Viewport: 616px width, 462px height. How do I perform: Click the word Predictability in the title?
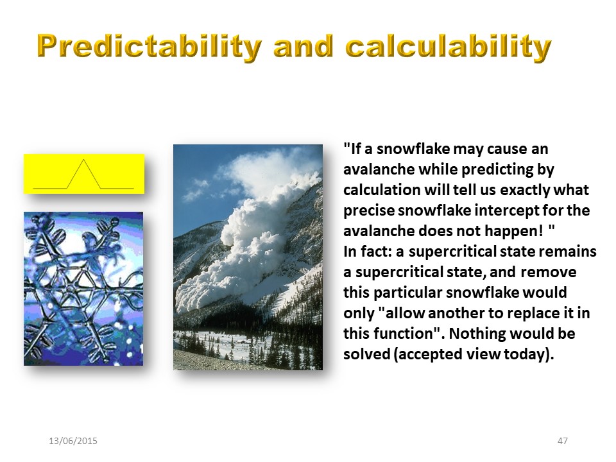[x=150, y=47]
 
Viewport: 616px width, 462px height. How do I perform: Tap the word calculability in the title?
[x=449, y=47]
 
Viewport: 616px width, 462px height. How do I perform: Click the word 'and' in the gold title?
[x=304, y=46]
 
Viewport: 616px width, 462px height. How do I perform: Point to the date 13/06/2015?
[x=73, y=441]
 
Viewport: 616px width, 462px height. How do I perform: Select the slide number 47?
[x=563, y=441]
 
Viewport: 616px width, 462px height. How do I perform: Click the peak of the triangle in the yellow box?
[x=83, y=160]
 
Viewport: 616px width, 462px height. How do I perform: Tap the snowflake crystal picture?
[x=83, y=289]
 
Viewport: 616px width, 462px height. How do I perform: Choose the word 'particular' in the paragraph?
[x=407, y=293]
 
